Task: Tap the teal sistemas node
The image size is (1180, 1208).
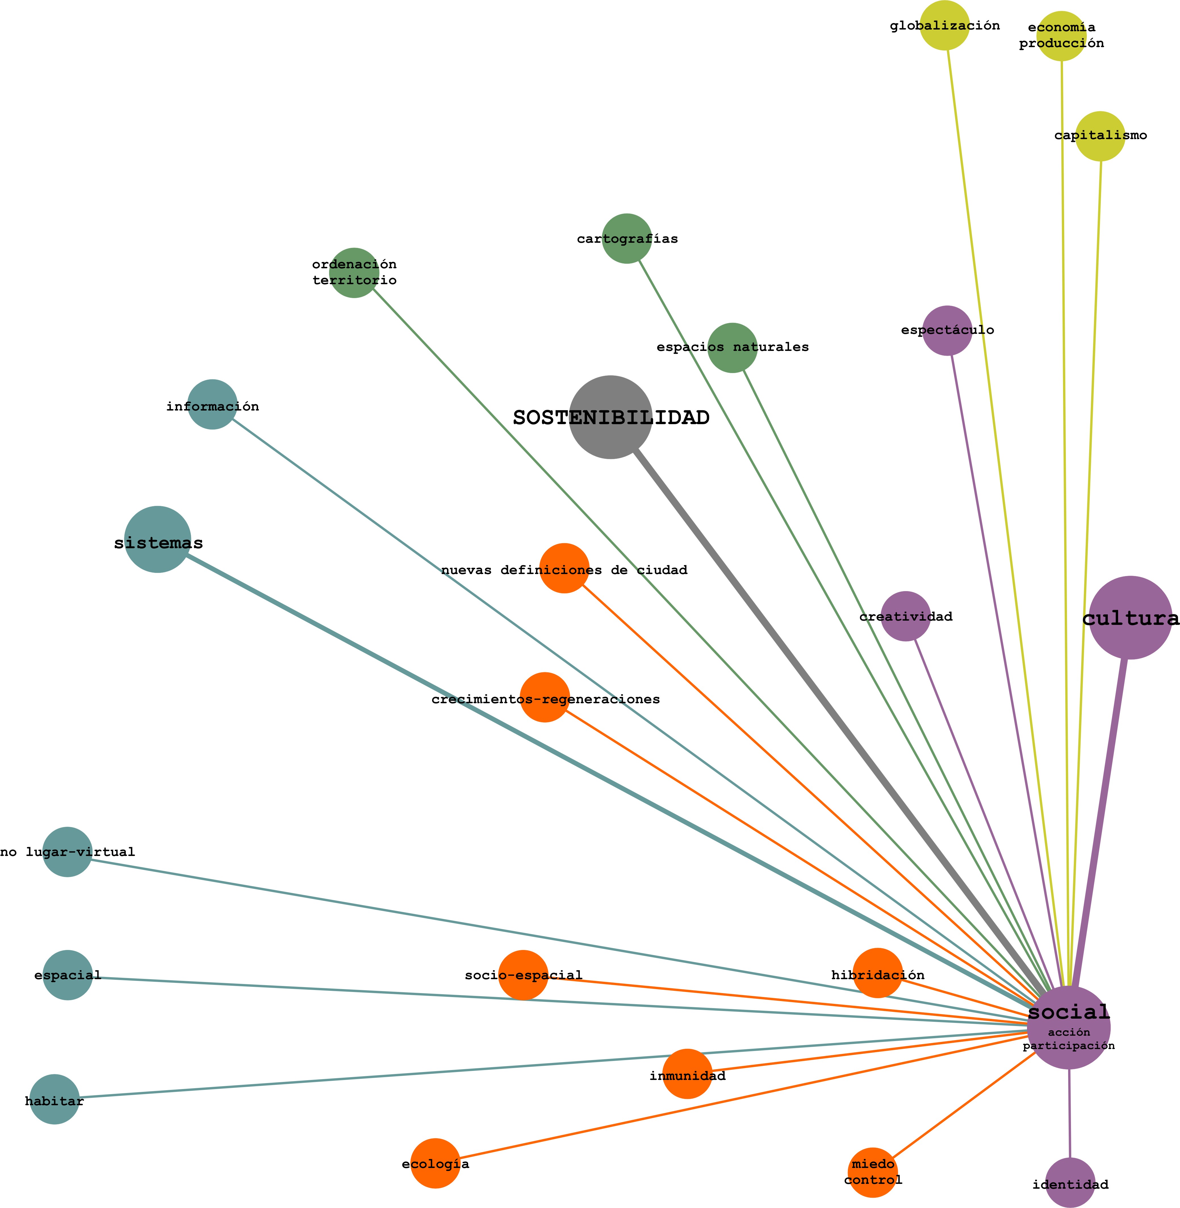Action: tap(157, 539)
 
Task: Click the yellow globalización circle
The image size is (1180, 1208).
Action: tap(945, 26)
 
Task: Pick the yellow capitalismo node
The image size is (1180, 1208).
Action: tap(1100, 136)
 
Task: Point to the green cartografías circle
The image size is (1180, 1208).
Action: tap(627, 239)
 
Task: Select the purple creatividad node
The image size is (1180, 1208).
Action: tap(905, 616)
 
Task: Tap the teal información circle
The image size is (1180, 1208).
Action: tap(212, 404)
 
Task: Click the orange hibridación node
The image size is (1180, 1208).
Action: tap(878, 973)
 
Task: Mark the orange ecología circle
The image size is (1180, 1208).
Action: tap(436, 1163)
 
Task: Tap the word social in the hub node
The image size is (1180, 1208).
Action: tap(1068, 1012)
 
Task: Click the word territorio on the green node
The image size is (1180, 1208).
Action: tap(355, 280)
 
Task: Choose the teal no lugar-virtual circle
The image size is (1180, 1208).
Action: tap(67, 852)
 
